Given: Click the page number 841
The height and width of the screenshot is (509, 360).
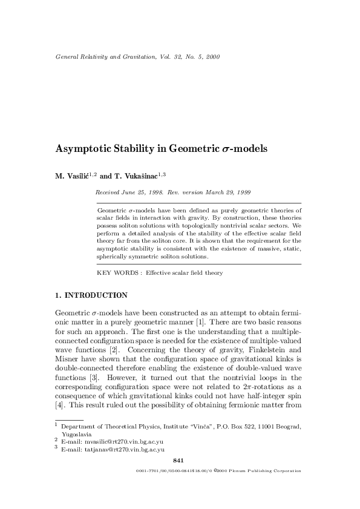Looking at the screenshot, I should pos(178,462).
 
